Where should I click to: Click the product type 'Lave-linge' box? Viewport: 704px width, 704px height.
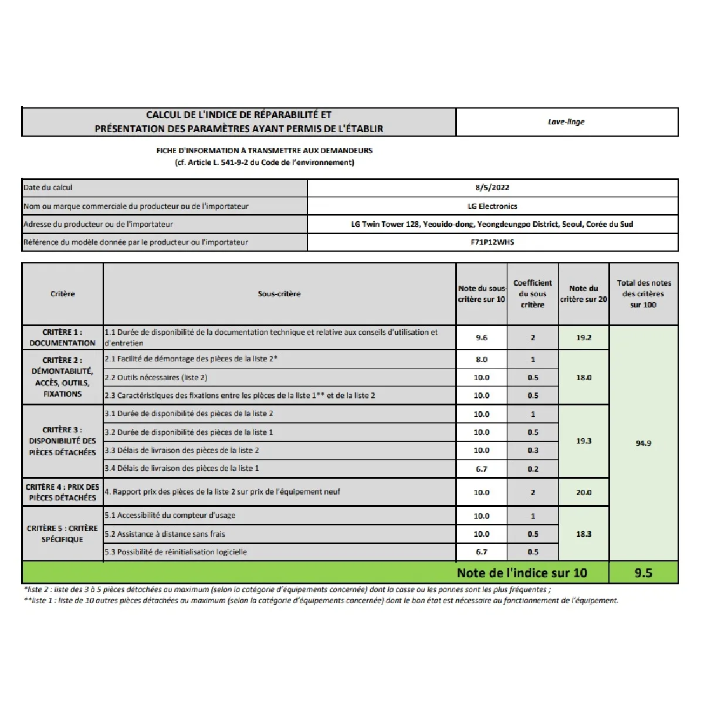click(x=566, y=122)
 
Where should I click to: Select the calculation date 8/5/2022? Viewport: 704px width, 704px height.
click(x=492, y=188)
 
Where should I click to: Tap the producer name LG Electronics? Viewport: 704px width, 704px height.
click(x=492, y=206)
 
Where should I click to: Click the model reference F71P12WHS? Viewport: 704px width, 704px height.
click(x=492, y=242)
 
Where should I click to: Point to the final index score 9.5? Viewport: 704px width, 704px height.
click(x=643, y=573)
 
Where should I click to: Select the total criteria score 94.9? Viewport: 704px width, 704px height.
click(x=643, y=443)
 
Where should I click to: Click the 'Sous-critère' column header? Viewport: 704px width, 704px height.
click(x=279, y=294)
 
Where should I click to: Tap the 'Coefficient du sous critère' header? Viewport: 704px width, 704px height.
click(x=532, y=294)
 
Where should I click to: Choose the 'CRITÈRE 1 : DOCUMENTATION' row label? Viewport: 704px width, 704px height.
click(x=63, y=337)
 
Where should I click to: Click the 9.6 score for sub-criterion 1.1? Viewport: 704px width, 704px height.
click(x=481, y=337)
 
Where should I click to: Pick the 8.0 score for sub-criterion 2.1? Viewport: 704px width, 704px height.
click(x=481, y=359)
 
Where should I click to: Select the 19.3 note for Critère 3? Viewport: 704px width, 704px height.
click(x=583, y=441)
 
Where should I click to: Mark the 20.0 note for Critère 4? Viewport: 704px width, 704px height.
click(x=583, y=492)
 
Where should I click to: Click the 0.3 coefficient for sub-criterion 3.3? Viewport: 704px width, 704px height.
click(x=532, y=451)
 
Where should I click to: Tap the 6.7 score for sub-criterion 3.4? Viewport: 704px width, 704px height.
click(x=481, y=469)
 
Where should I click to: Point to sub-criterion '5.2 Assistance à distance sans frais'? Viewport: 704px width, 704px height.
click(x=165, y=534)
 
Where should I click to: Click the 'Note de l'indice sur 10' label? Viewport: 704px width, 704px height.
click(x=522, y=573)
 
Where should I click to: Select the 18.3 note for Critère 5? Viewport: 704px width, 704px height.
click(x=583, y=534)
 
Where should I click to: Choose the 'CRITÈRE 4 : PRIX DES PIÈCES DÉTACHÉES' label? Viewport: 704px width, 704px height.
click(x=63, y=492)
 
